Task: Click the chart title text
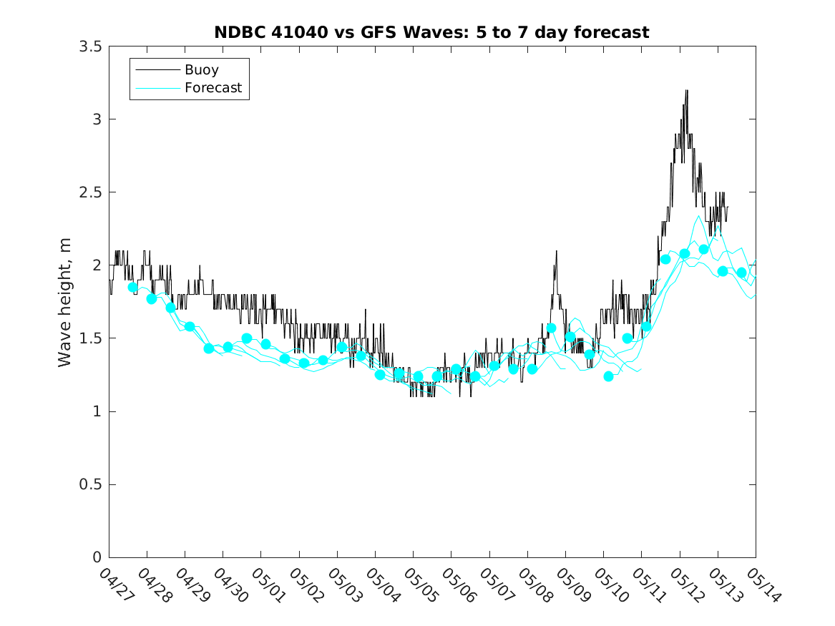[431, 32]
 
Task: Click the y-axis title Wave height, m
[65, 302]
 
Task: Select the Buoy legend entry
[201, 70]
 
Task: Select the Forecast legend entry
[213, 88]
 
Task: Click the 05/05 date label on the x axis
[418, 585]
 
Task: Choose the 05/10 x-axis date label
[608, 585]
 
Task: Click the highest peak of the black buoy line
[687, 91]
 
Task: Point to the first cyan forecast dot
[132, 287]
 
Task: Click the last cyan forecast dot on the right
[741, 273]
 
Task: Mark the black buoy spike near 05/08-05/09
[556, 252]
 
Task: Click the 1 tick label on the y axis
[96, 411]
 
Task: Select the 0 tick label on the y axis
[96, 558]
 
